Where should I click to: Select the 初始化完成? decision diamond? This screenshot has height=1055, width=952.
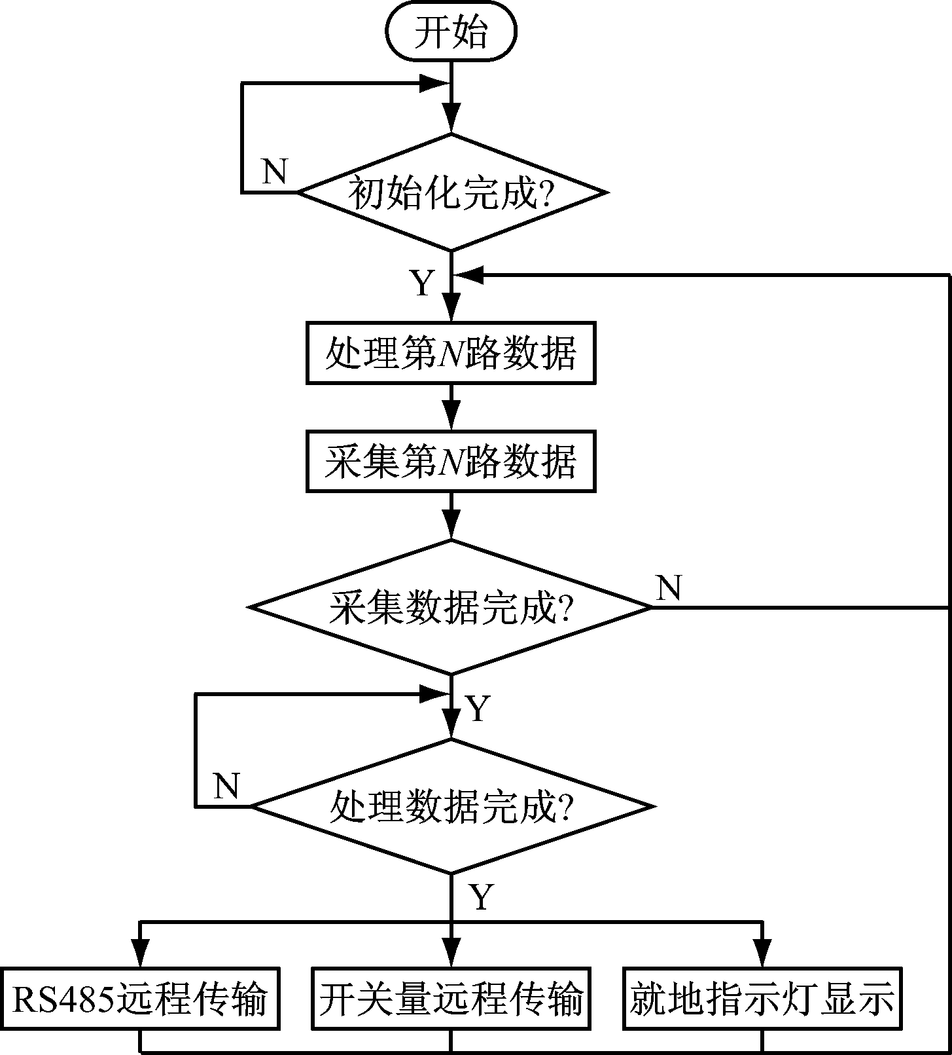[451, 193]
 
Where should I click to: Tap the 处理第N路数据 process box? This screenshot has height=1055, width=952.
[451, 353]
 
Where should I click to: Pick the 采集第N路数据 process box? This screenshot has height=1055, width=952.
[451, 462]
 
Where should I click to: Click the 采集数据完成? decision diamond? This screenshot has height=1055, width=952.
[451, 608]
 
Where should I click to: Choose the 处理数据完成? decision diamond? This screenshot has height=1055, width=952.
[451, 806]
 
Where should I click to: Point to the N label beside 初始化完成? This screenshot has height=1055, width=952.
[274, 172]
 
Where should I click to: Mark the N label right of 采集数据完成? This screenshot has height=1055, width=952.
[668, 587]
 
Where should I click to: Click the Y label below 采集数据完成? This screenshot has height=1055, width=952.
[478, 709]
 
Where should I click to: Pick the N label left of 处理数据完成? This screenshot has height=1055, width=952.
[226, 785]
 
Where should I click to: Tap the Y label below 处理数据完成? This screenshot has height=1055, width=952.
[481, 898]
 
